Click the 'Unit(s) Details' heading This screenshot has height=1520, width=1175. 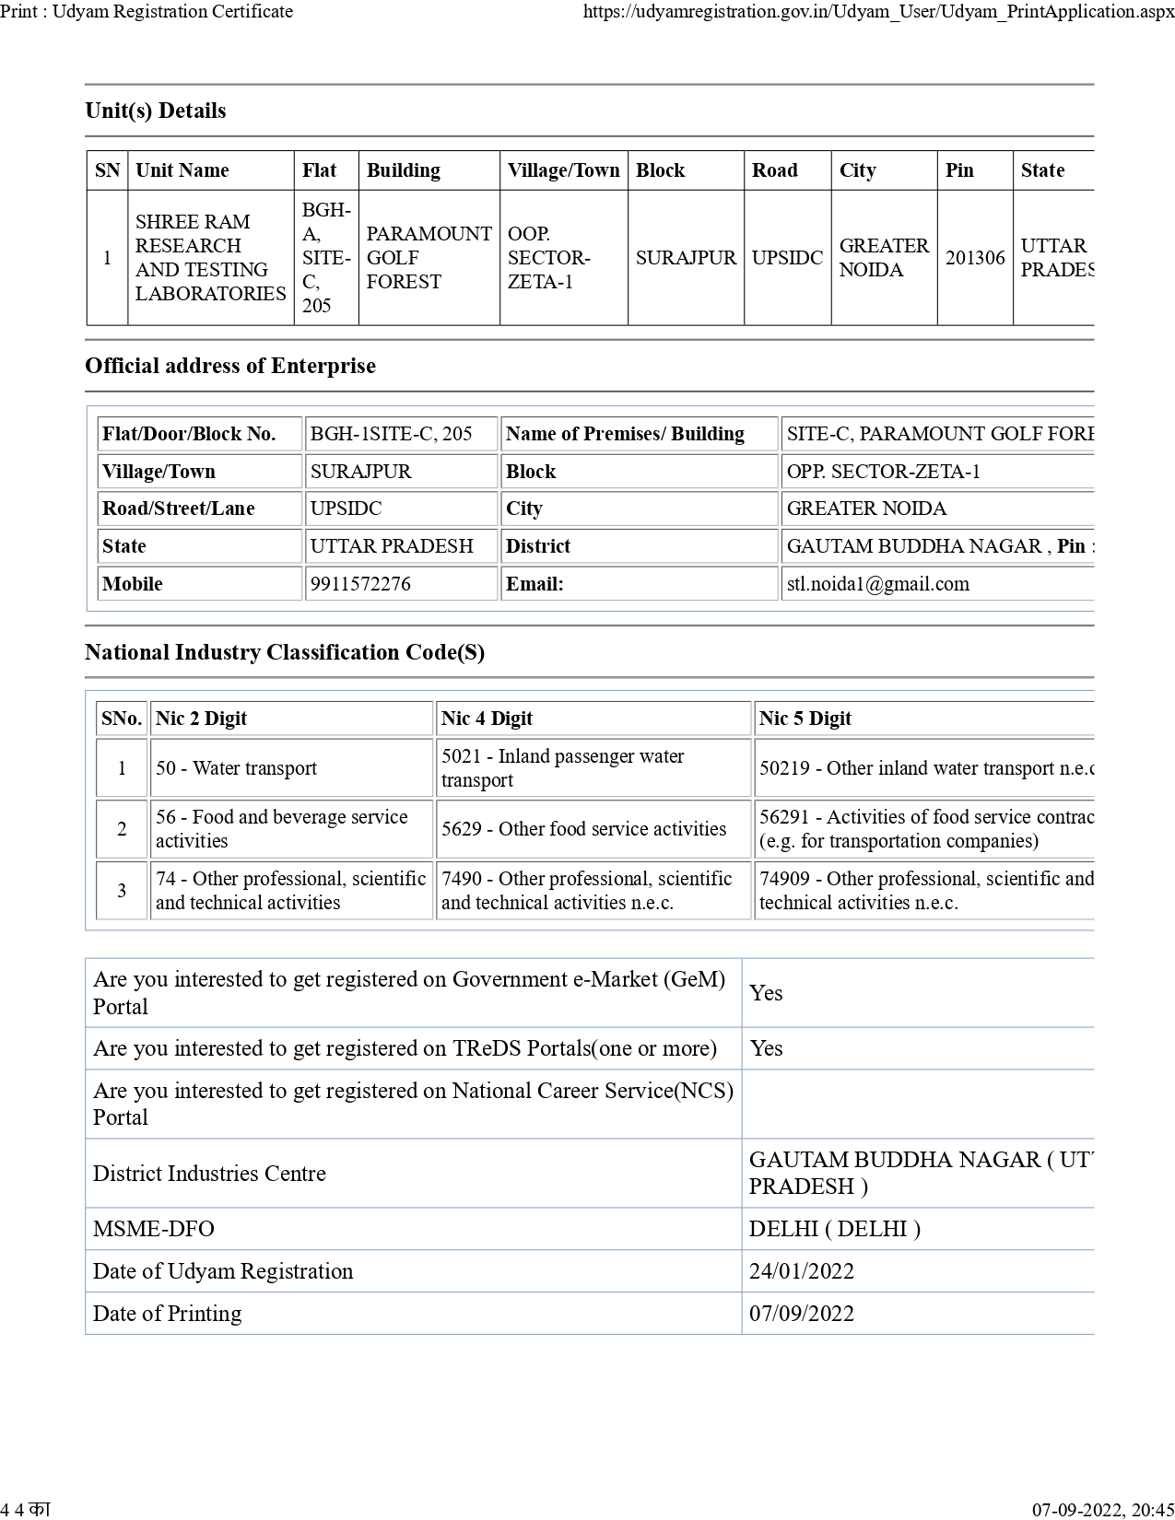[156, 111]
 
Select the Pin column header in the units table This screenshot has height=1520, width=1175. [959, 170]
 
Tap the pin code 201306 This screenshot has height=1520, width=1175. [975, 258]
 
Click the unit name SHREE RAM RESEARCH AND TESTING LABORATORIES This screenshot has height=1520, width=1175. [210, 258]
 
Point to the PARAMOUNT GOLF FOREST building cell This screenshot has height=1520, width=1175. [429, 258]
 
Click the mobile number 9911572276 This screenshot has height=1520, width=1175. [360, 584]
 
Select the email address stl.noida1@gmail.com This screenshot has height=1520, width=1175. [877, 584]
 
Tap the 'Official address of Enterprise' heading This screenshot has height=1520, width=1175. [230, 366]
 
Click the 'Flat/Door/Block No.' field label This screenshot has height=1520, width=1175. [189, 434]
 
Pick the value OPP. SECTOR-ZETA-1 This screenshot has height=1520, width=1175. [883, 472]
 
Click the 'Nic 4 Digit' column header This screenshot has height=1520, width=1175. [487, 719]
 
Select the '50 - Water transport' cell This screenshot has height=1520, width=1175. [236, 768]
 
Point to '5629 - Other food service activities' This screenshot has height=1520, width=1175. [583, 829]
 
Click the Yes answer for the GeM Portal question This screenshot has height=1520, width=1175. [766, 993]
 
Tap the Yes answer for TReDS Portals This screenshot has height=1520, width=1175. [766, 1048]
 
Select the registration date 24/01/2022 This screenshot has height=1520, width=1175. [801, 1271]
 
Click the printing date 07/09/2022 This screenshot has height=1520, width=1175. [801, 1314]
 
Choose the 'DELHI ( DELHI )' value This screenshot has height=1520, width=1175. [834, 1229]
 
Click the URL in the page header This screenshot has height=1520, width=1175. [878, 12]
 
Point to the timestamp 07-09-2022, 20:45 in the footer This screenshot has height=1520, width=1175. [1102, 1509]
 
